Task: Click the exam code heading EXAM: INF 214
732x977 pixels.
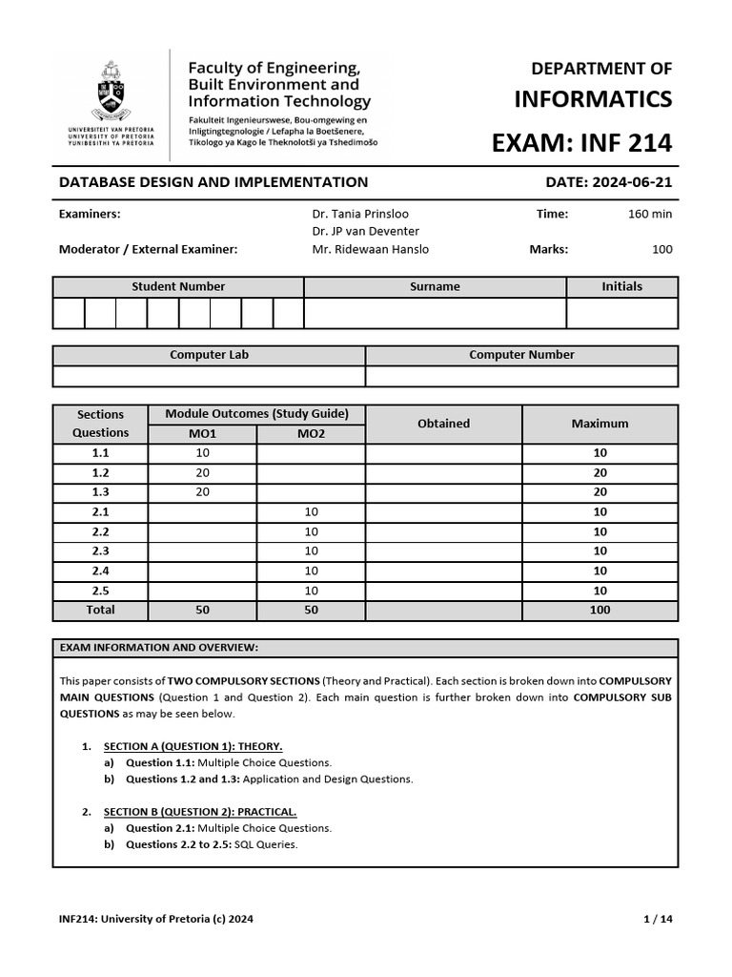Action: pyautogui.click(x=580, y=143)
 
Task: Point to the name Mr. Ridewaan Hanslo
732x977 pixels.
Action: pyautogui.click(x=370, y=249)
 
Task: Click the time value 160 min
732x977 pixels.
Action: pyautogui.click(x=649, y=214)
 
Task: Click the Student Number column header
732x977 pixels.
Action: pyautogui.click(x=178, y=286)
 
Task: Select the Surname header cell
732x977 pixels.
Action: pyautogui.click(x=435, y=286)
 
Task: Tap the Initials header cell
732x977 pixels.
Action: pyautogui.click(x=621, y=286)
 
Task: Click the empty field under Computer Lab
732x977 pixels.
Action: pyautogui.click(x=209, y=376)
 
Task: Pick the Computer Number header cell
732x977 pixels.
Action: pyautogui.click(x=521, y=355)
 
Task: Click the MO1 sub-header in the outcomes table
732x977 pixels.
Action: pyautogui.click(x=202, y=433)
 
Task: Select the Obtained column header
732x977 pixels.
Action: pyautogui.click(x=443, y=424)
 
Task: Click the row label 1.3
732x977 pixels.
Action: pyautogui.click(x=100, y=492)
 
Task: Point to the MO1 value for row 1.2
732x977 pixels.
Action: pyautogui.click(x=202, y=473)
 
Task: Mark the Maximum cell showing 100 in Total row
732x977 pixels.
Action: pyautogui.click(x=600, y=610)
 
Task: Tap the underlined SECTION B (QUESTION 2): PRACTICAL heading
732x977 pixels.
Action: pyautogui.click(x=201, y=812)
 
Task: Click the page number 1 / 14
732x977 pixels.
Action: pyautogui.click(x=658, y=920)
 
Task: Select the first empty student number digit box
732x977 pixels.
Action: pyautogui.click(x=69, y=313)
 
